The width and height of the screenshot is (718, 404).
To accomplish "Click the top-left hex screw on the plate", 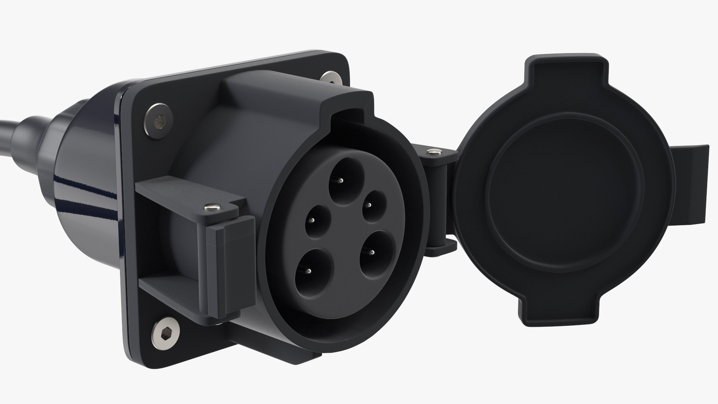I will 157,120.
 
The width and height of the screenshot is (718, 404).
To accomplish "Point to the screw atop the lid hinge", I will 433,152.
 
